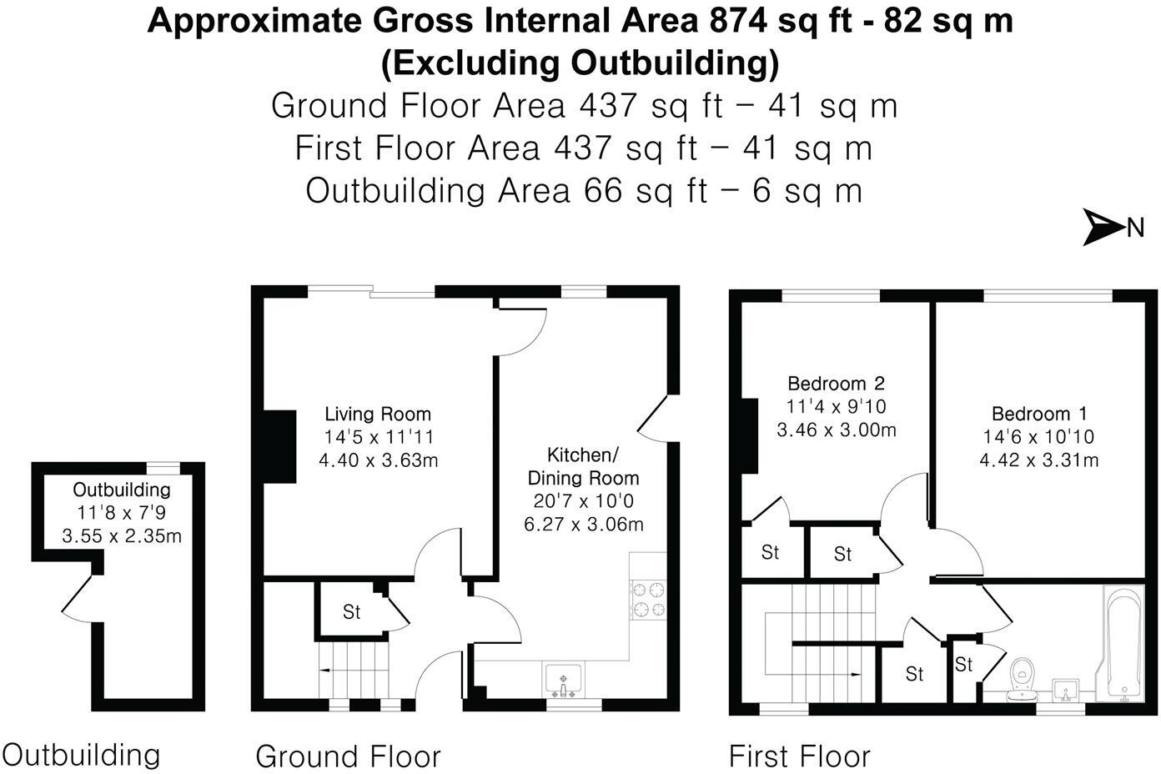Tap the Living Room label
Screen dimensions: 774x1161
(x=377, y=414)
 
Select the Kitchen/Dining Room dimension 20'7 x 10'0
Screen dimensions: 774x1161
(x=583, y=501)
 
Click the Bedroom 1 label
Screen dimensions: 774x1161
(x=1038, y=414)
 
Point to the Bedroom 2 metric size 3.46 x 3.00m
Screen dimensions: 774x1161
(x=836, y=430)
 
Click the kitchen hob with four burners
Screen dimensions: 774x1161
(x=648, y=600)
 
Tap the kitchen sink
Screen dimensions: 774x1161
(x=565, y=679)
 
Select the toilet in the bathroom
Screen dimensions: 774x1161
(x=1022, y=677)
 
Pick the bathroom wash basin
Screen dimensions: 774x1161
(x=1065, y=690)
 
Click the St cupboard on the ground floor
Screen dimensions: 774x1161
(x=351, y=612)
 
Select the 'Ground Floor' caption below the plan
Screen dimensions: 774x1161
(x=347, y=756)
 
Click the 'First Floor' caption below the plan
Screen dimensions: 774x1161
(x=799, y=756)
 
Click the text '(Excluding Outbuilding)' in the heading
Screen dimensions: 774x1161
(x=580, y=63)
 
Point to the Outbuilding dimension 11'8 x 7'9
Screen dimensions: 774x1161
(x=121, y=513)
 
